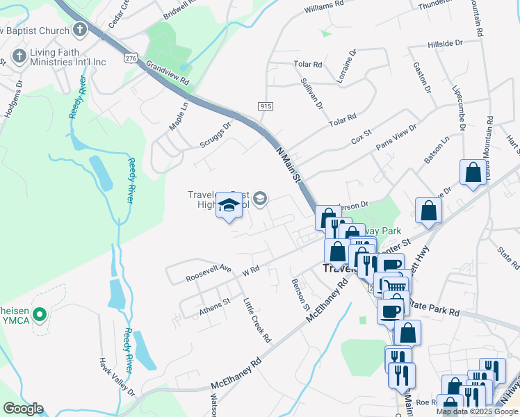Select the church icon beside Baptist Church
tap(80, 31)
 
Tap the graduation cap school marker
tap(227, 205)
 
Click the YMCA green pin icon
tap(40, 315)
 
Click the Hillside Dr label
tap(446, 43)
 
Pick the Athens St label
tap(215, 304)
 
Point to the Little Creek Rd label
tap(257, 320)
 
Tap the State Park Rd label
tap(434, 305)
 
